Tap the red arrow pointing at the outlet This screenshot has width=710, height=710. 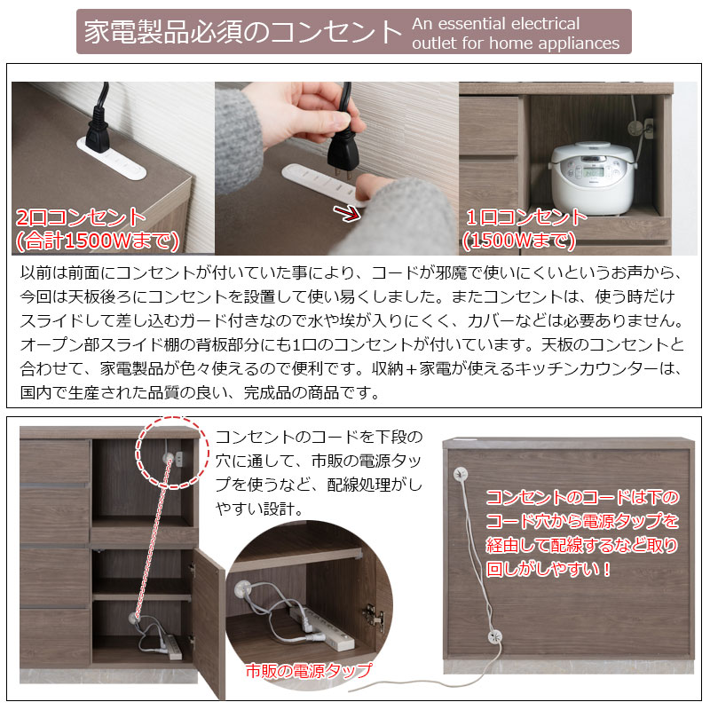coord(347,213)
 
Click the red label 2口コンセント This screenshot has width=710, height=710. coord(80,217)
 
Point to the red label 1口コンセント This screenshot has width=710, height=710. coord(526,217)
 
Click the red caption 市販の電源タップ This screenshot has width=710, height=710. coord(309,671)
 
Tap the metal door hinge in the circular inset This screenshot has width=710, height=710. coord(375,617)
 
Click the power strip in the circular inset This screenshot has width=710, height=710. coord(322,630)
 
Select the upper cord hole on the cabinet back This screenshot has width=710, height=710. coord(461,474)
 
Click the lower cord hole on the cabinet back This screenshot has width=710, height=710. coord(495,636)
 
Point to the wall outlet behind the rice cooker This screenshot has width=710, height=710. coord(648,128)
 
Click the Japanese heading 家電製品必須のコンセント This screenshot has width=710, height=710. coord(243,32)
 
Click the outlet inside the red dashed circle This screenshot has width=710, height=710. coord(178,460)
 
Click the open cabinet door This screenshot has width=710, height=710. coord(209,623)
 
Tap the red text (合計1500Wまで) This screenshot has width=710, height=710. coord(98,241)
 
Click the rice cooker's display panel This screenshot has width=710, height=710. coord(592,172)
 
